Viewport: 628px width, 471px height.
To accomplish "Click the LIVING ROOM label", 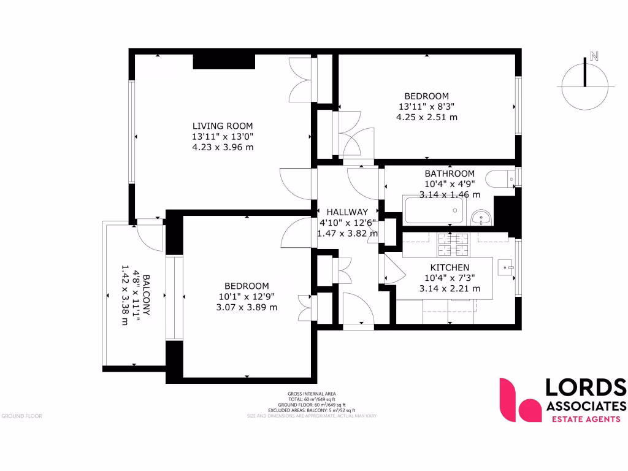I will pyautogui.click(x=222, y=126).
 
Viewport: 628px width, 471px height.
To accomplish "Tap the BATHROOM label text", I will pyautogui.click(x=450, y=174).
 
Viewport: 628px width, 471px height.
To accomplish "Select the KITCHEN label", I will pyautogui.click(x=450, y=267).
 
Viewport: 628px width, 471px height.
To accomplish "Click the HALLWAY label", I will pyautogui.click(x=347, y=212).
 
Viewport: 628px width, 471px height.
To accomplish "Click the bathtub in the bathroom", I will pyautogui.click(x=432, y=211).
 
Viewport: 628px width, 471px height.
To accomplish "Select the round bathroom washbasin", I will pyautogui.click(x=481, y=218).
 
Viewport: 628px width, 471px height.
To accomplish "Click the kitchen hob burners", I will pyautogui.click(x=451, y=245).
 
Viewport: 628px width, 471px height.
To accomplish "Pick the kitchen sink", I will pyautogui.click(x=505, y=267).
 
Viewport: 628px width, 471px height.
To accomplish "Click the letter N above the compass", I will pyautogui.click(x=593, y=56).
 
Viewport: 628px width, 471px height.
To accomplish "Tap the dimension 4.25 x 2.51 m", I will pyautogui.click(x=427, y=117).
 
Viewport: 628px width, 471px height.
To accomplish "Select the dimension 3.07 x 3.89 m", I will pyautogui.click(x=247, y=307).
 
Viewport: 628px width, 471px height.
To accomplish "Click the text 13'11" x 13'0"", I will pyautogui.click(x=222, y=137).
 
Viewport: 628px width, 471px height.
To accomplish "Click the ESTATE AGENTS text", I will pyautogui.click(x=585, y=419).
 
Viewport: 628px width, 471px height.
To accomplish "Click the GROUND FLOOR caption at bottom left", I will pyautogui.click(x=21, y=416).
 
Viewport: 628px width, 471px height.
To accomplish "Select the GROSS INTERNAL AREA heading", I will pyautogui.click(x=312, y=394).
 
